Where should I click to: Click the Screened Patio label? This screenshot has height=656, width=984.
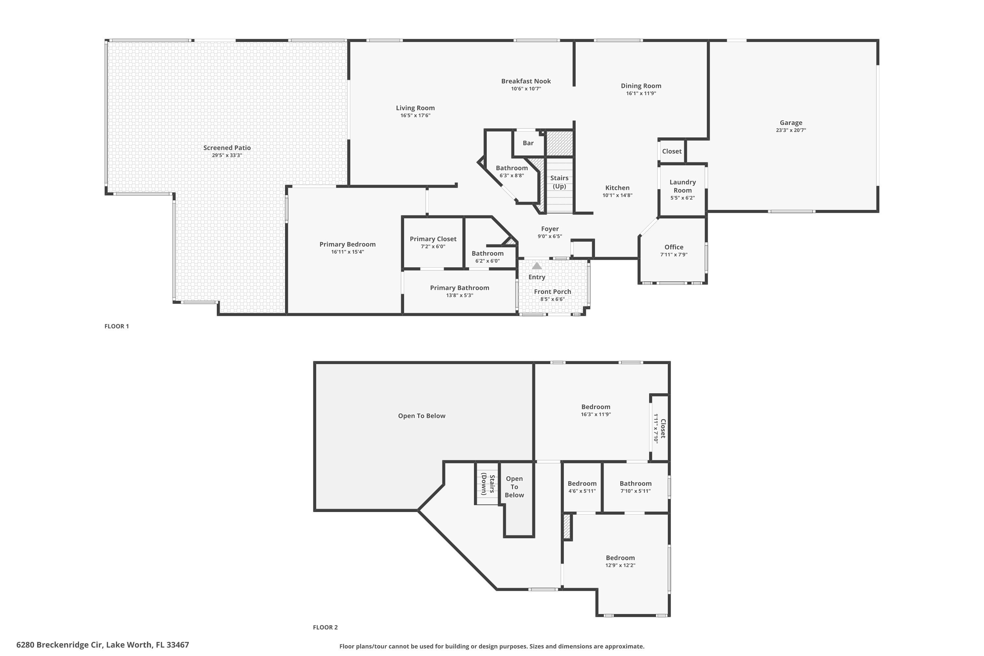click(x=227, y=148)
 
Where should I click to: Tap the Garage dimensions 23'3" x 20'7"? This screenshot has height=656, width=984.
click(x=791, y=130)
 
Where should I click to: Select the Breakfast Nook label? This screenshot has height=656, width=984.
click(x=526, y=81)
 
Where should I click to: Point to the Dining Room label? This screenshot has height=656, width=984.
click(x=641, y=86)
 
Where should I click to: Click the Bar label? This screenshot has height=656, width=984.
click(x=528, y=143)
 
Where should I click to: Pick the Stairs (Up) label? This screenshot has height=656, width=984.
click(x=559, y=182)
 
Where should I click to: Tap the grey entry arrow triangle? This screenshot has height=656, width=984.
click(x=537, y=266)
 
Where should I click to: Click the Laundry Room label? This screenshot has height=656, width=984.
click(x=682, y=186)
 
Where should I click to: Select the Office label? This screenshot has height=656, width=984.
click(x=674, y=247)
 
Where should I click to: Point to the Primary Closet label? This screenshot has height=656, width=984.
click(x=433, y=239)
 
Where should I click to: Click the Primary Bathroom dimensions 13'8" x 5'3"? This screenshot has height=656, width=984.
click(x=460, y=296)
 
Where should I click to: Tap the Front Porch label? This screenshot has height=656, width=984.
click(x=552, y=292)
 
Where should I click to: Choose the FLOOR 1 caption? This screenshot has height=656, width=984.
click(x=117, y=326)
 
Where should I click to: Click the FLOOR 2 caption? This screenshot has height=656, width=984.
click(x=325, y=627)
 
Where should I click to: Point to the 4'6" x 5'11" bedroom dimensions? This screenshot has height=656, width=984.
click(x=582, y=491)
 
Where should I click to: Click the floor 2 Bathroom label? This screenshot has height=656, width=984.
click(x=636, y=483)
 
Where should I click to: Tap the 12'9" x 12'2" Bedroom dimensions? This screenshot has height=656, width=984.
click(x=620, y=565)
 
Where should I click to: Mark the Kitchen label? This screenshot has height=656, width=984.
click(x=617, y=188)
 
